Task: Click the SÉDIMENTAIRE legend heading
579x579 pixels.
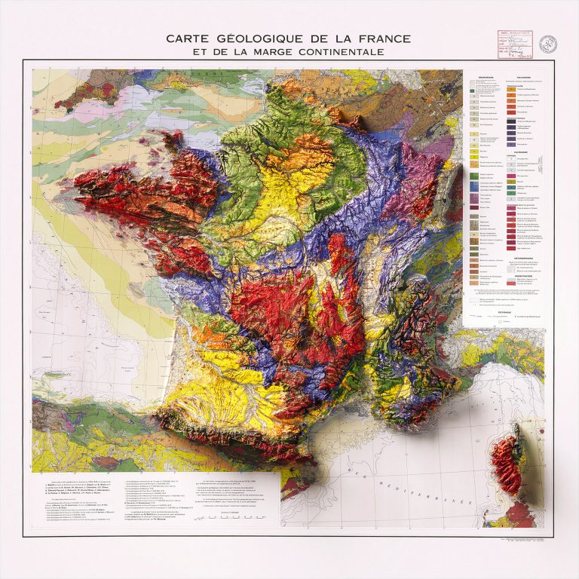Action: (486, 76)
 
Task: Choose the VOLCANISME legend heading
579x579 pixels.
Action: (525, 76)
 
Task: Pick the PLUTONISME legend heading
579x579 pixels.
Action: (525, 150)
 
